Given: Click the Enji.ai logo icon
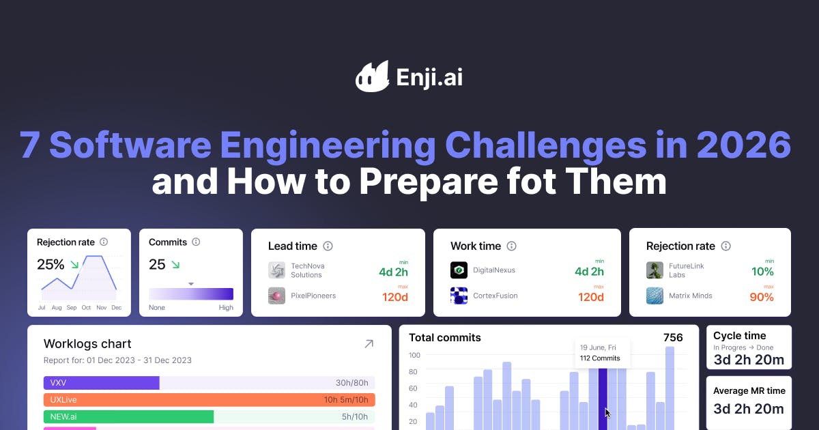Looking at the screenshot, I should tap(372, 76).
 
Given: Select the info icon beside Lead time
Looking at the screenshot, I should tap(328, 246).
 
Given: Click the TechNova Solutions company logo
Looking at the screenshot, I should tap(277, 270).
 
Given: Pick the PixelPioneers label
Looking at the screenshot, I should tap(313, 296).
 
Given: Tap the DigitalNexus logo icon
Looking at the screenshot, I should tap(459, 270).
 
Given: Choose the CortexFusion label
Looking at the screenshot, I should tap(495, 296).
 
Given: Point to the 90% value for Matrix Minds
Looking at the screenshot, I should tap(762, 298).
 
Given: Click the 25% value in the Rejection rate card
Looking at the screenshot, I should tap(51, 264).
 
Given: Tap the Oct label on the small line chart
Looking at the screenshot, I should tap(86, 308).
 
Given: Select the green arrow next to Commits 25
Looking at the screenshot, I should tap(175, 264).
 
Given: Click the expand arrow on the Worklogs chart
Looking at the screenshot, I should tap(369, 344).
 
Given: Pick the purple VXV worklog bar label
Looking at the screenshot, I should tap(58, 383).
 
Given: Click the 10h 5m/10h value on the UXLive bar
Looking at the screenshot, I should tap(346, 399).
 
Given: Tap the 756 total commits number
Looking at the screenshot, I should tap(673, 337).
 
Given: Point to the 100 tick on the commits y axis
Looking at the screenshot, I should tap(414, 355).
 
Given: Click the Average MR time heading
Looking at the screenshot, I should tap(749, 391).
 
